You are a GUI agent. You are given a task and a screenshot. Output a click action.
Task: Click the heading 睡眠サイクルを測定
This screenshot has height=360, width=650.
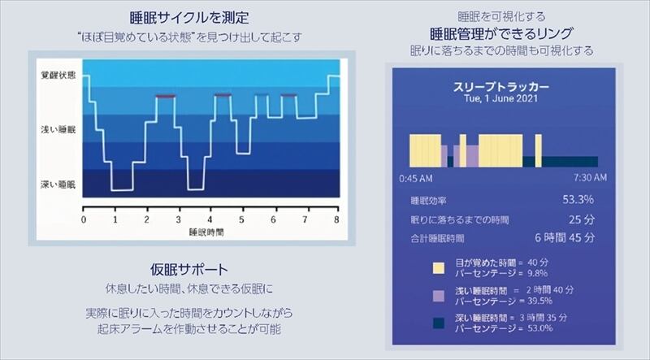[188, 17]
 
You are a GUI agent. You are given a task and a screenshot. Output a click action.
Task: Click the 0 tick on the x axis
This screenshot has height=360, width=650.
[84, 220]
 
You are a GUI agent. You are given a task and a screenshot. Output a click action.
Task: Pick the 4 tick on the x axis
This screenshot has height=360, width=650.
[210, 220]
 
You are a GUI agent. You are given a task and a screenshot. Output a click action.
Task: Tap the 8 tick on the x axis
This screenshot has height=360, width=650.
[336, 220]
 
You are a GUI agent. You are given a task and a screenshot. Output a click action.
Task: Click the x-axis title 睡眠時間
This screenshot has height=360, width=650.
[206, 232]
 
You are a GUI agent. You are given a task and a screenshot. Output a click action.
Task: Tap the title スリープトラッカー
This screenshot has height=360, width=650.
[500, 85]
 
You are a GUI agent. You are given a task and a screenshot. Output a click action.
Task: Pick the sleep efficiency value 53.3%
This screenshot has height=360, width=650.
[578, 199]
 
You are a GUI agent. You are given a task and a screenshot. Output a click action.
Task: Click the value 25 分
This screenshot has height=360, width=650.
[582, 219]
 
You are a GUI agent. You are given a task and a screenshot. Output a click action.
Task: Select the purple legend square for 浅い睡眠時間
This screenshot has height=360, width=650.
[438, 295]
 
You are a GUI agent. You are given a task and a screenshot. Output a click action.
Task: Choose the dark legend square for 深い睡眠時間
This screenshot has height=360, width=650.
[438, 323]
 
